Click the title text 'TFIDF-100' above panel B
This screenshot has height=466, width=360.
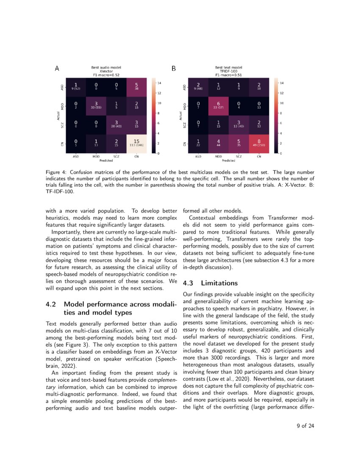pyautogui.click(x=228, y=71)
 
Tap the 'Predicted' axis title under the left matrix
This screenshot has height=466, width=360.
pyautogui.click(x=106, y=161)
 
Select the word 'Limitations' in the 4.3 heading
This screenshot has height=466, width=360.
pyautogui.click(x=219, y=283)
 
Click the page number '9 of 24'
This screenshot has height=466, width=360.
pyautogui.click(x=305, y=426)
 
